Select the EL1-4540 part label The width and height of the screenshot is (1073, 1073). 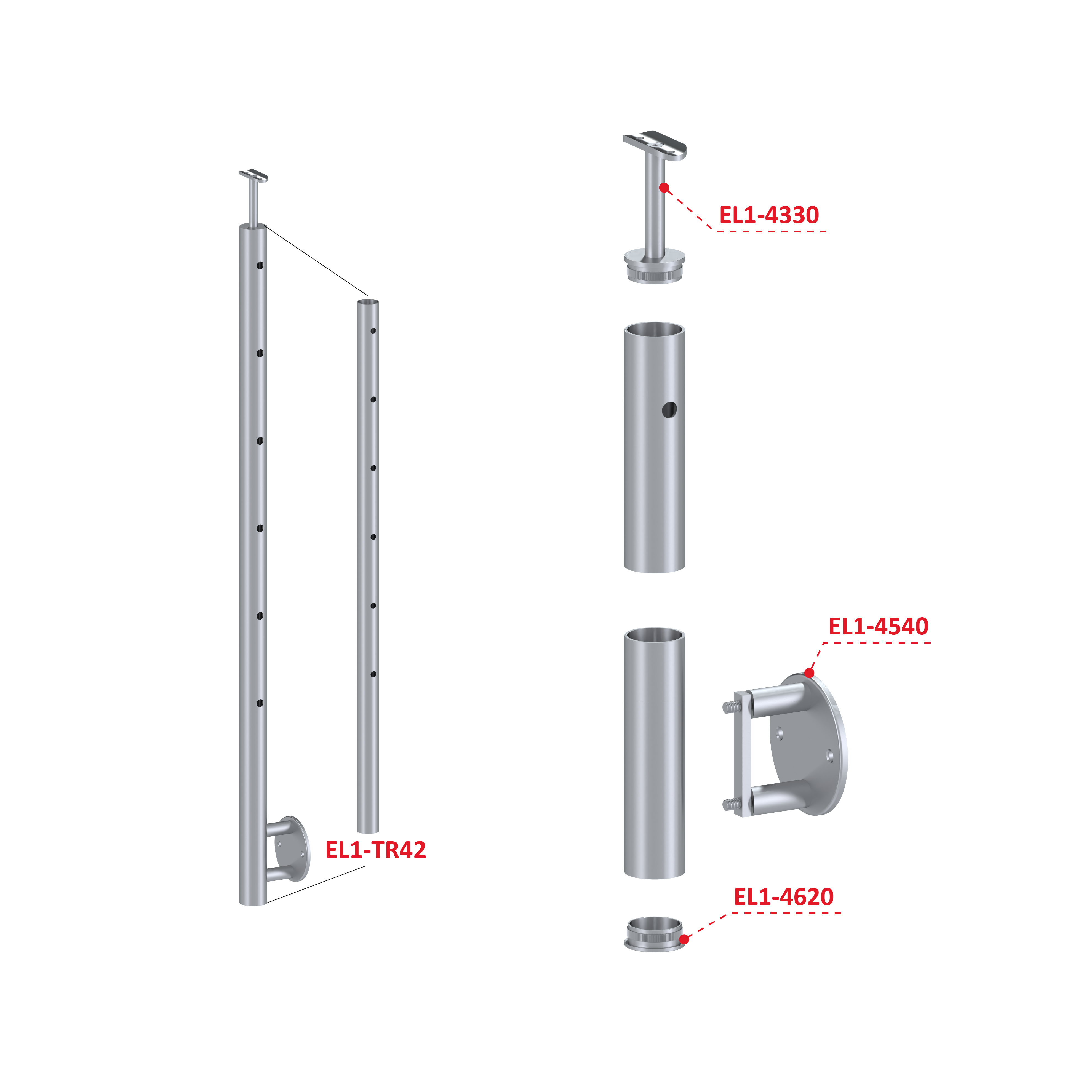click(878, 626)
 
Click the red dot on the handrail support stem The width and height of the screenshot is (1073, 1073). click(664, 188)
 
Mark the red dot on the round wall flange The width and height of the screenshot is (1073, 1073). click(809, 673)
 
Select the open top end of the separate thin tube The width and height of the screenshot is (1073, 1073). click(368, 302)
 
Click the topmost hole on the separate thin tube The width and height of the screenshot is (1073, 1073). click(373, 331)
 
